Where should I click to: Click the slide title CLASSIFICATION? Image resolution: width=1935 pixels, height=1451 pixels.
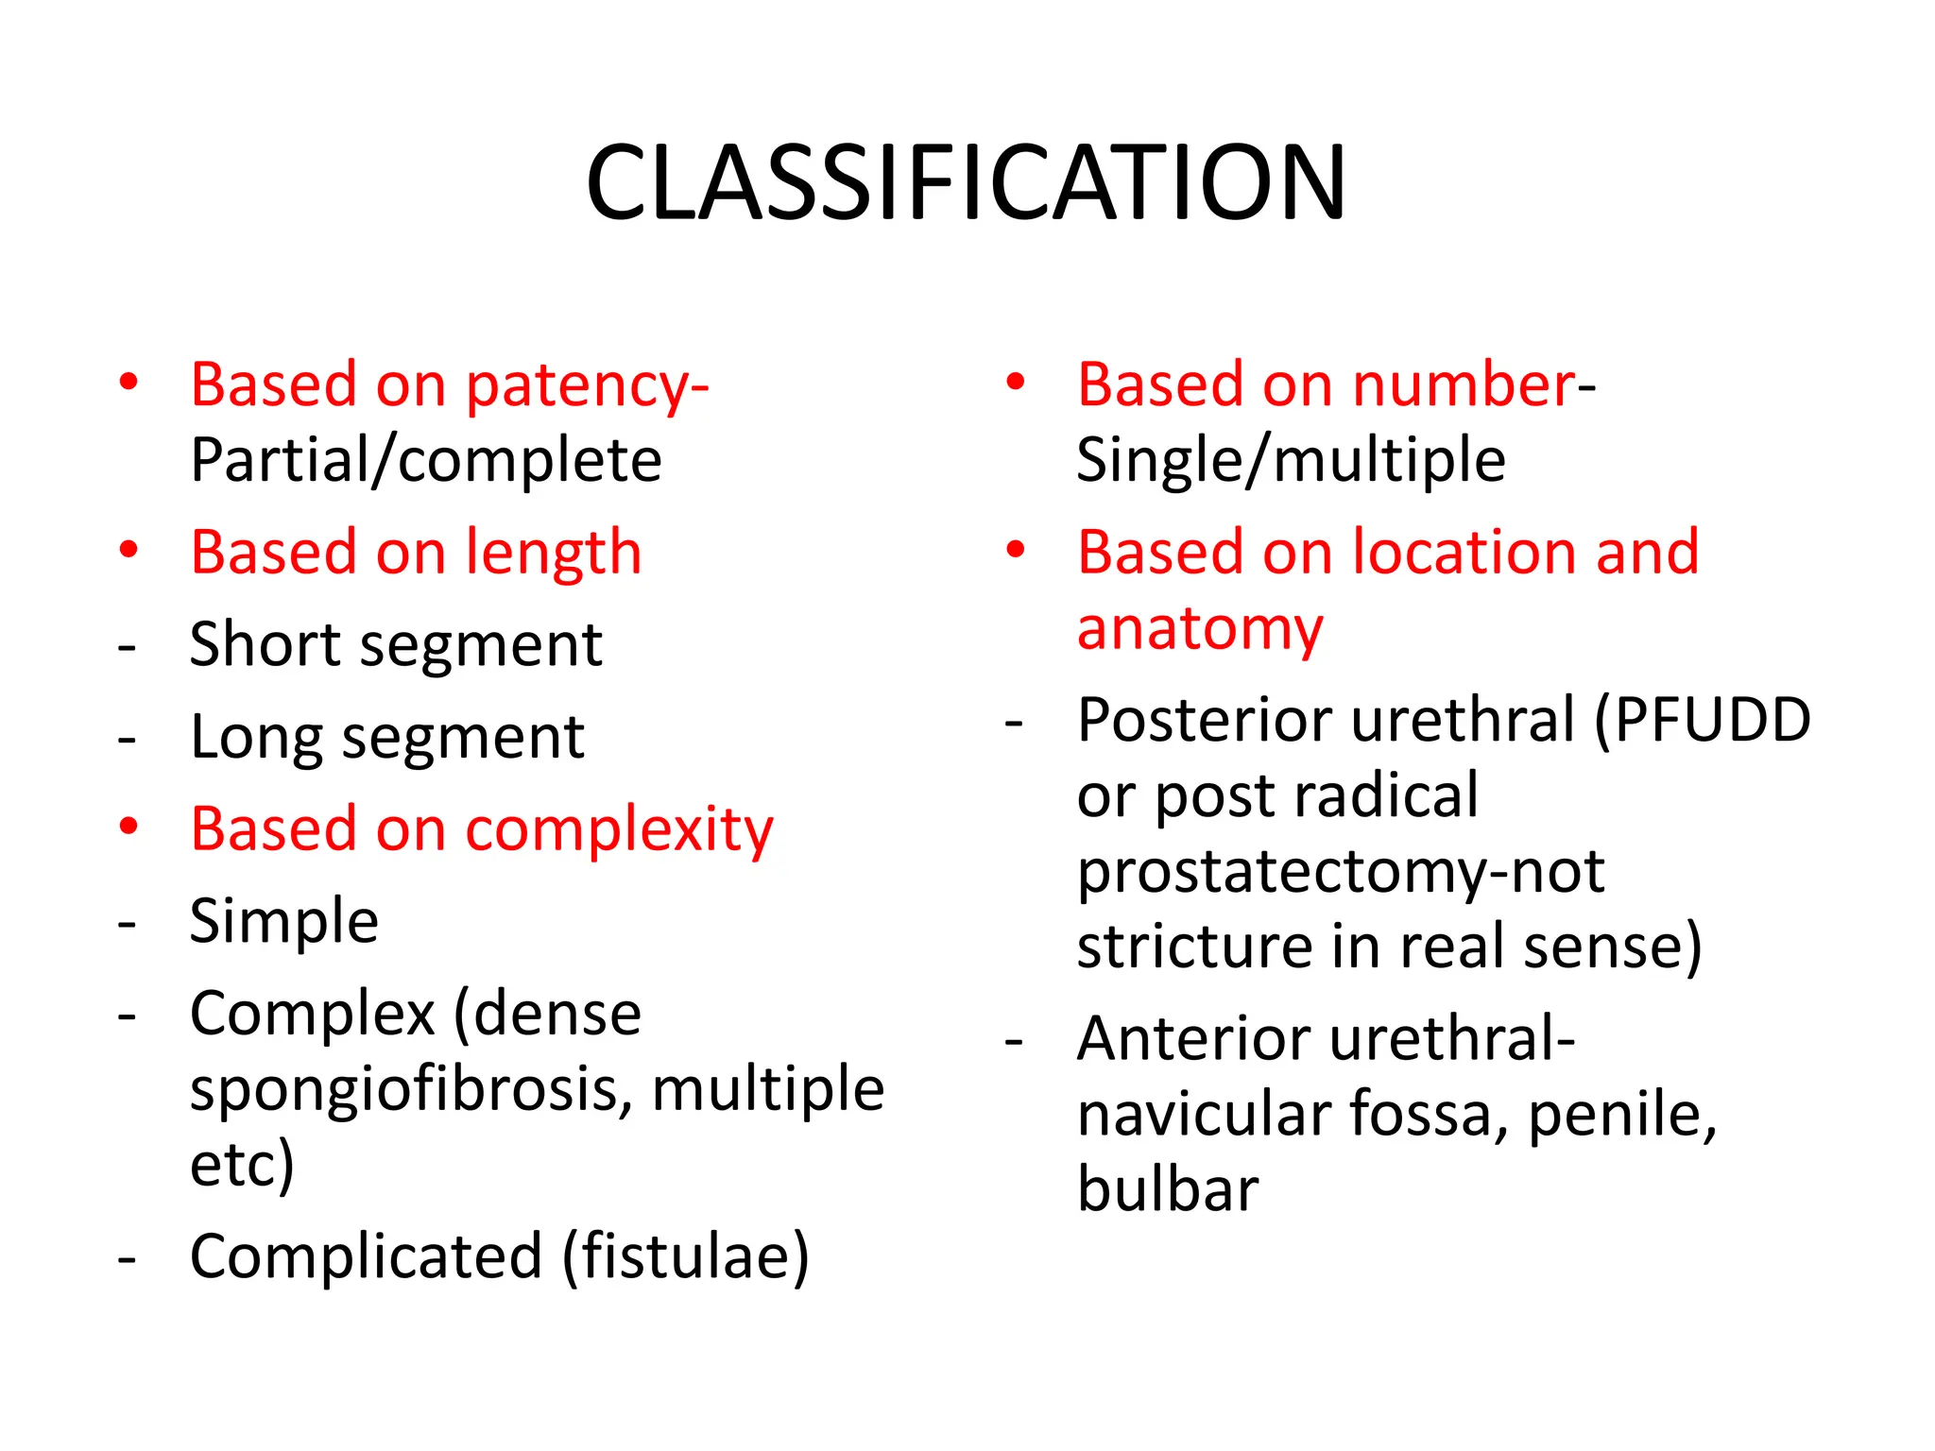coord(966,183)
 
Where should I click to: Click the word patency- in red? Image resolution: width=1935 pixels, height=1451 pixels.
coord(587,386)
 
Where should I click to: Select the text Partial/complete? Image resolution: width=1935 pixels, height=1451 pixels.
coord(426,461)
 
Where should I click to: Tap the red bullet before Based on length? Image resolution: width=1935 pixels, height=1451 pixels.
coord(128,550)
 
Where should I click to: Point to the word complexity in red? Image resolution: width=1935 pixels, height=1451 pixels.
coord(619,830)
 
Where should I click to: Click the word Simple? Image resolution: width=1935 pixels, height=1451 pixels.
coord(284,921)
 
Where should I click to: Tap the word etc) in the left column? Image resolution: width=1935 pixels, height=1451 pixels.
coord(243,1164)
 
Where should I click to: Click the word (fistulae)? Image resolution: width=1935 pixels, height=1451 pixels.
coord(686,1257)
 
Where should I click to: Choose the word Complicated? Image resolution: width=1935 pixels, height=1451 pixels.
coord(367,1257)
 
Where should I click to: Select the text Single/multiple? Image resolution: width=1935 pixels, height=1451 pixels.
coord(1291,461)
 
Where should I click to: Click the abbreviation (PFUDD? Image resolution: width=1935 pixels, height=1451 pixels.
coord(1702,720)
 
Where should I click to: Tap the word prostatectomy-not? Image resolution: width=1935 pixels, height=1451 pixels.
coord(1341,871)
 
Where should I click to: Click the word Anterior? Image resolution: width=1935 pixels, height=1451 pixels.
coord(1190,1039)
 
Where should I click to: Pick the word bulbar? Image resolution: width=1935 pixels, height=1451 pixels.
coord(1168,1189)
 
